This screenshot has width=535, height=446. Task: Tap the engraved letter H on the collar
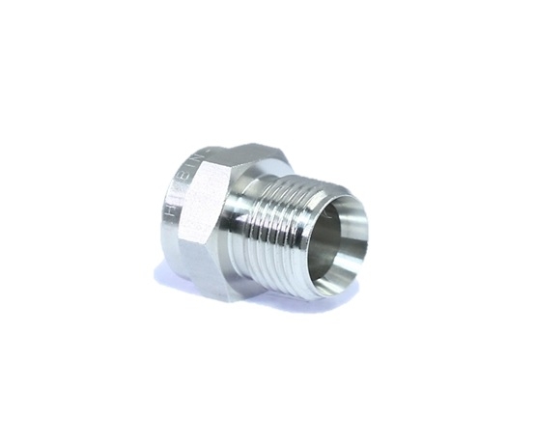[x=171, y=207]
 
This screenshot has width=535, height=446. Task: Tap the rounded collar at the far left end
[x=165, y=227]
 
